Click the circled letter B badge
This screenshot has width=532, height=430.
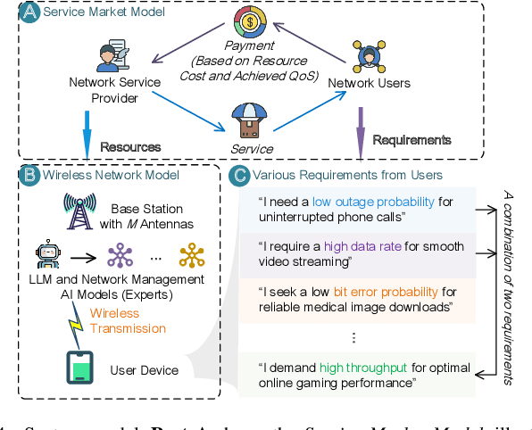click(x=30, y=175)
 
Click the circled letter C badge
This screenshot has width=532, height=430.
click(x=238, y=175)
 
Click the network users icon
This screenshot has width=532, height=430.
click(x=369, y=55)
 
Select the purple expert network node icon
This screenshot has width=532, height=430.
click(x=118, y=256)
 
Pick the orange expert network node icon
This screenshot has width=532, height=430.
click(x=191, y=256)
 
